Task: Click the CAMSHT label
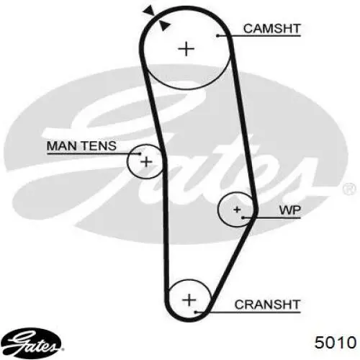(x=271, y=29)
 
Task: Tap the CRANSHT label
(x=267, y=305)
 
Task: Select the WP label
(x=290, y=210)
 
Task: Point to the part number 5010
(x=336, y=342)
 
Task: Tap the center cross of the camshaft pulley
(x=186, y=49)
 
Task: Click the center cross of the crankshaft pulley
(x=189, y=300)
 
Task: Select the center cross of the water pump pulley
(x=237, y=210)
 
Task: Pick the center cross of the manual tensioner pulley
(x=146, y=162)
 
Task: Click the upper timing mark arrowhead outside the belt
(x=148, y=11)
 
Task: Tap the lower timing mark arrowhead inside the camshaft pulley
(x=165, y=26)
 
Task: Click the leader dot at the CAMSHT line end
(x=217, y=36)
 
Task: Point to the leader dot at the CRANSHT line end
(x=196, y=312)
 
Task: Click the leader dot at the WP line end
(x=243, y=218)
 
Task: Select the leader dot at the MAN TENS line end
(x=140, y=153)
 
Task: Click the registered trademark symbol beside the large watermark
(x=349, y=189)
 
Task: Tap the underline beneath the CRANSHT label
(x=248, y=312)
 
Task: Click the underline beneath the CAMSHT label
(x=259, y=36)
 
